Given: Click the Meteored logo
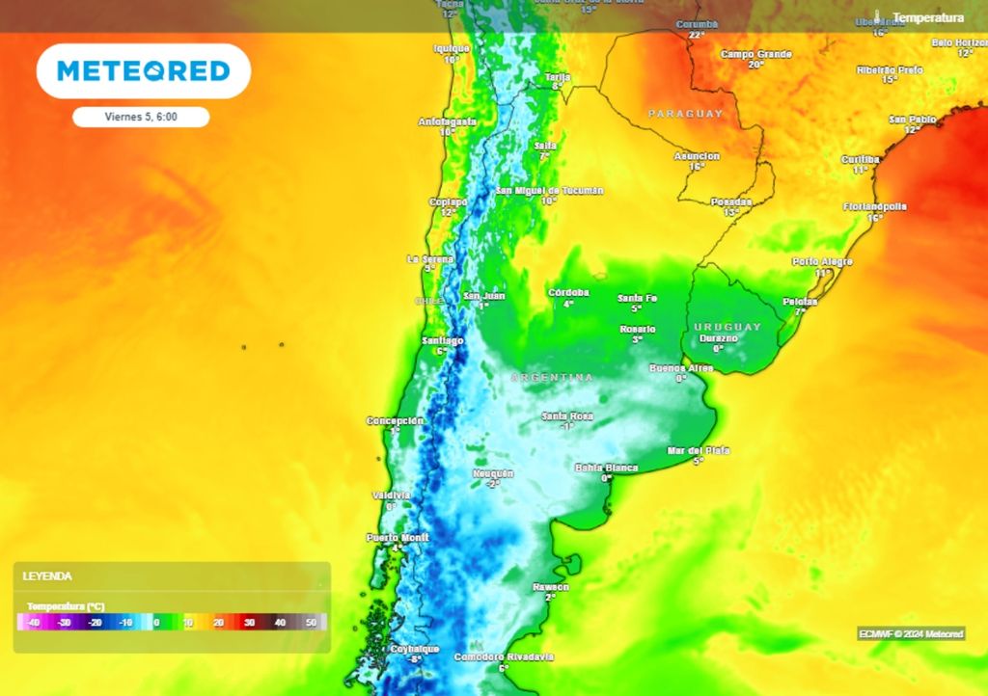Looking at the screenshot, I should tap(143, 70).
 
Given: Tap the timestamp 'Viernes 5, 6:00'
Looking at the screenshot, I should tap(141, 117).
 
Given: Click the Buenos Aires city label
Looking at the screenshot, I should tap(680, 368).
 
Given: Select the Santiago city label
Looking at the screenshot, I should tap(443, 340).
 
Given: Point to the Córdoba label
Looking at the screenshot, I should tap(568, 292).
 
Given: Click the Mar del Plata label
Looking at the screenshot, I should tap(699, 450).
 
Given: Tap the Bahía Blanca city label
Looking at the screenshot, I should tap(606, 468).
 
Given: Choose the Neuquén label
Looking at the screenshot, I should tap(493, 473).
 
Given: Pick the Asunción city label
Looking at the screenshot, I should tap(697, 156).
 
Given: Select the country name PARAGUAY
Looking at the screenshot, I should tap(685, 114).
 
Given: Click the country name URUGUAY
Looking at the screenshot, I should tap(727, 327).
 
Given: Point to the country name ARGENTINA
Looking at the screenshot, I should tap(552, 377).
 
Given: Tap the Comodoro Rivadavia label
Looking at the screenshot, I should tap(504, 656).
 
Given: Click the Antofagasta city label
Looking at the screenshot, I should tap(448, 121).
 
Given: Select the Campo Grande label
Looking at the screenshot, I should tap(755, 54).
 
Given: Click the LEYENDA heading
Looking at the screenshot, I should tap(47, 576).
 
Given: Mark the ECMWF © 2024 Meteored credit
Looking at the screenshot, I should tap(911, 633).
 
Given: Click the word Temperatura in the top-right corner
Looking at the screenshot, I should tap(927, 17).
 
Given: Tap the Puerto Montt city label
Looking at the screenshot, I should tap(397, 537).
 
